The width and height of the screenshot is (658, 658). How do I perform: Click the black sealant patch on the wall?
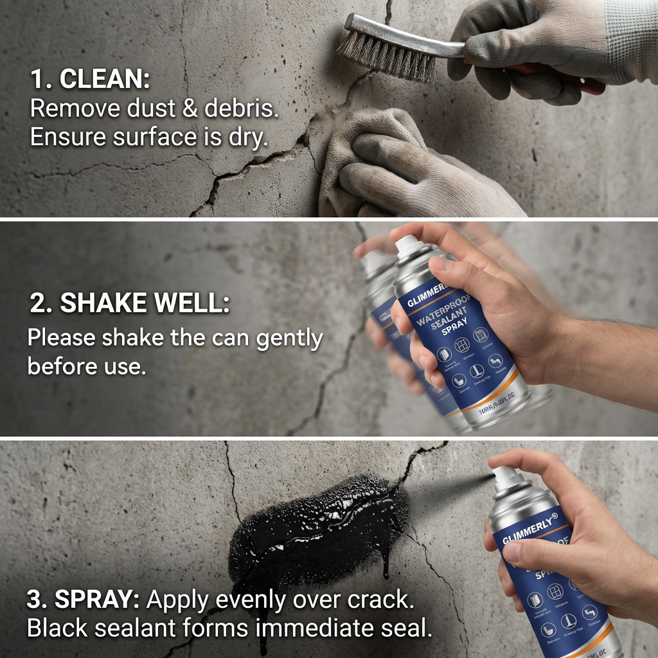click(x=315, y=527)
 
